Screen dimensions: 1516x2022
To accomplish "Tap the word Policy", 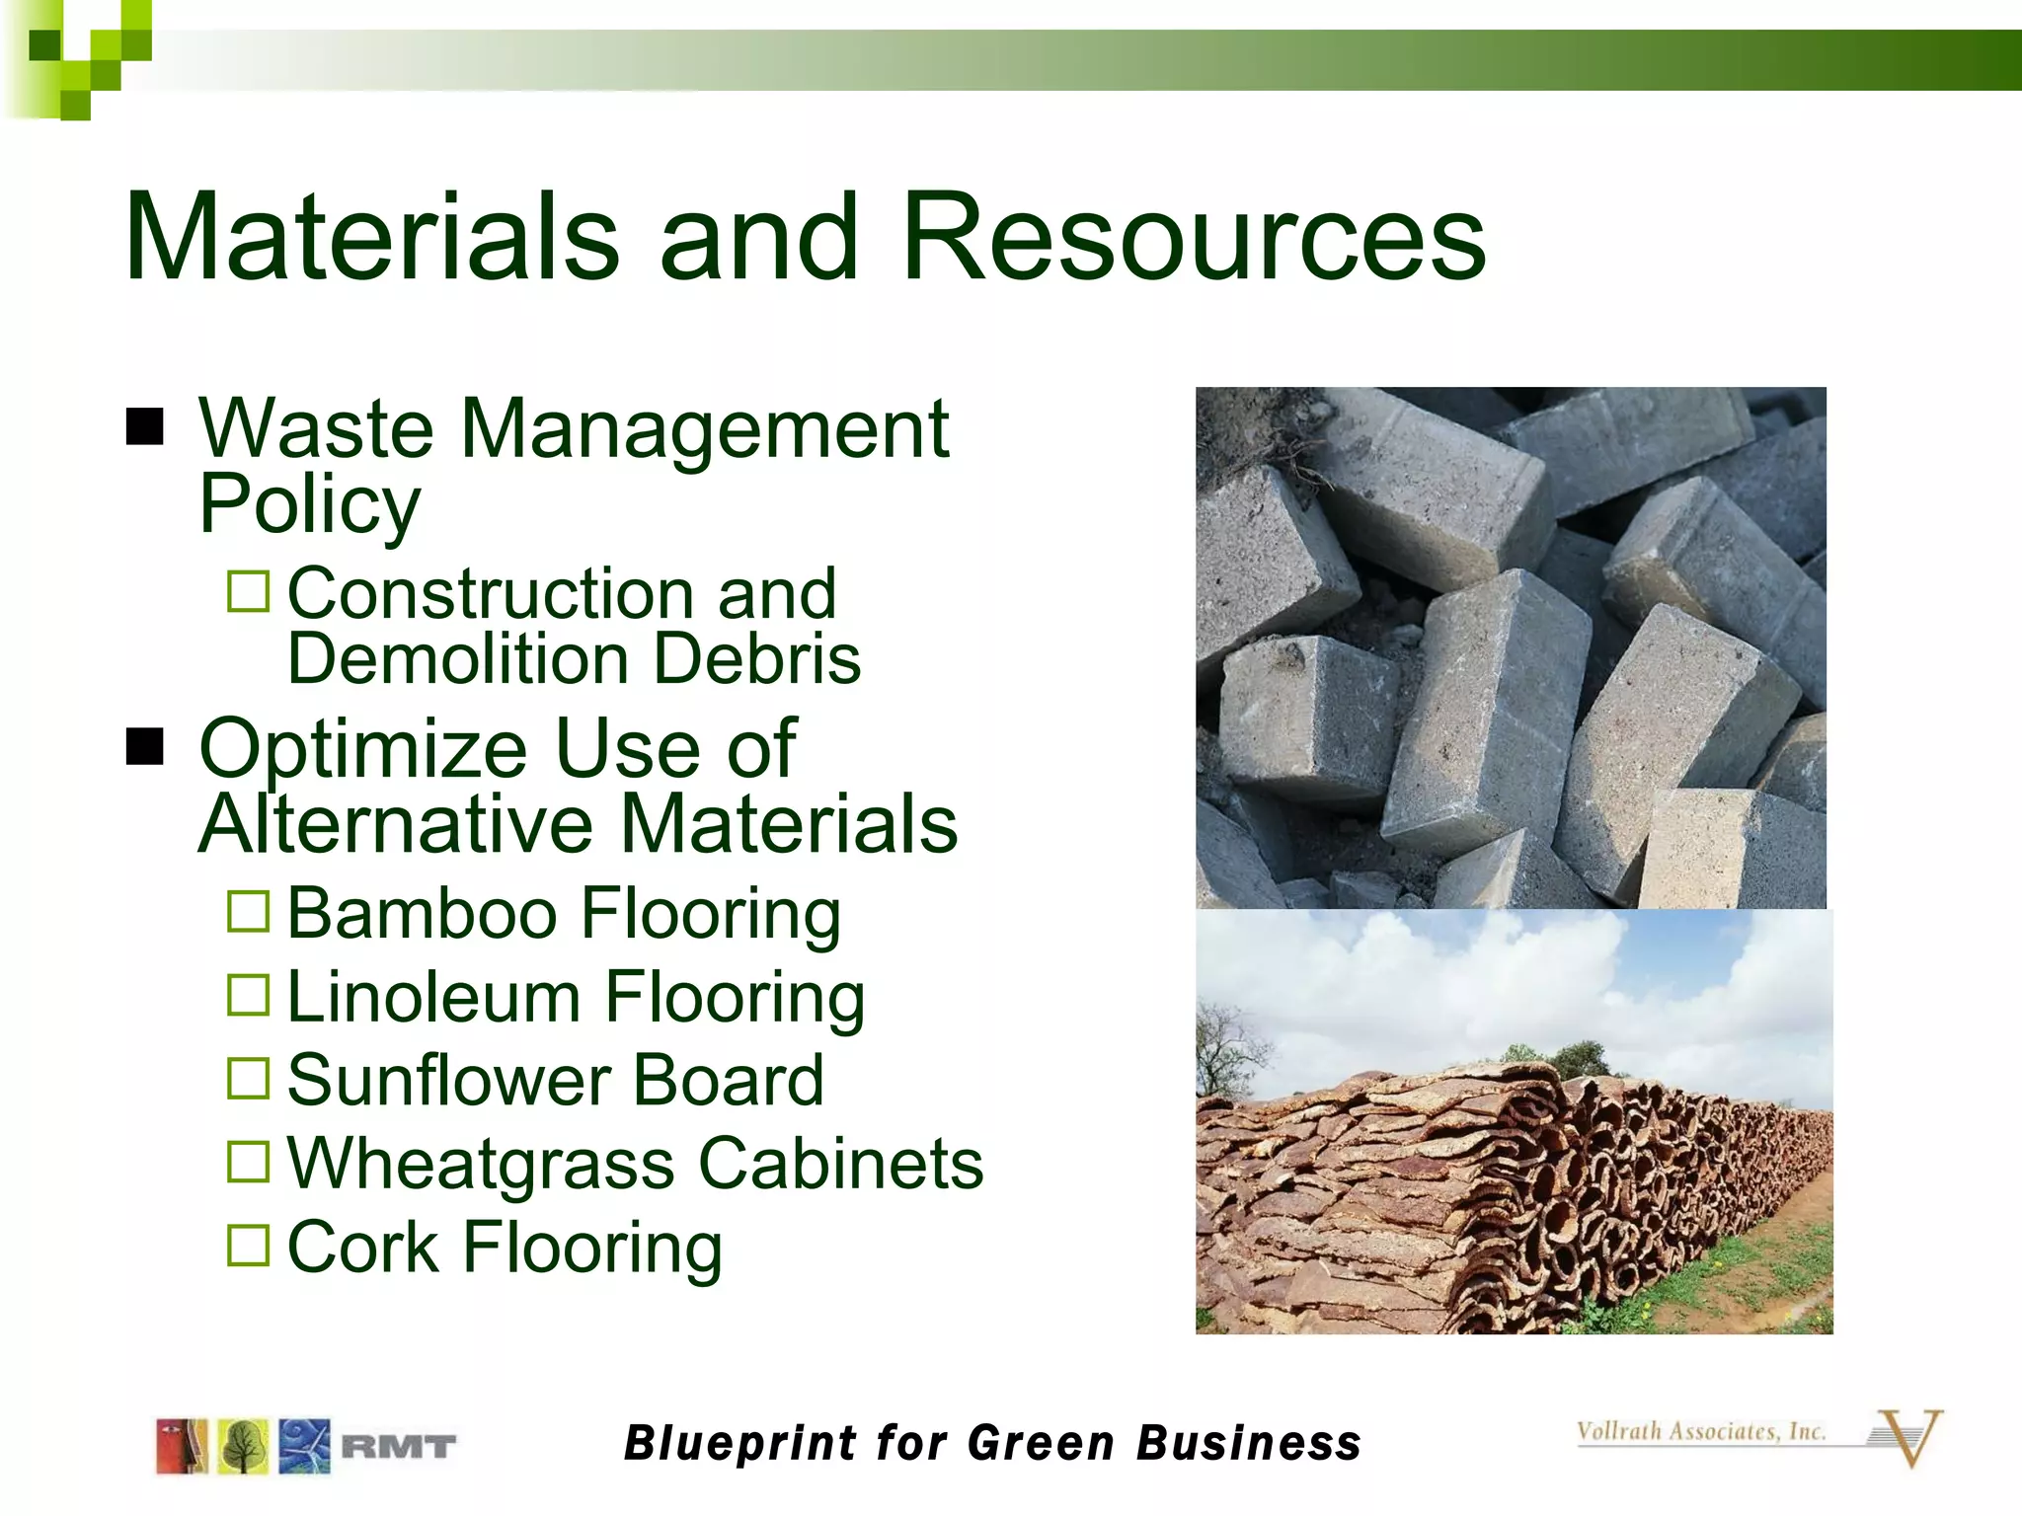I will (309, 505).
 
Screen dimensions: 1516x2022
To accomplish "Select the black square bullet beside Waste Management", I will (145, 427).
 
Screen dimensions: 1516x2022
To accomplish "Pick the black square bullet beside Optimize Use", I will (145, 747).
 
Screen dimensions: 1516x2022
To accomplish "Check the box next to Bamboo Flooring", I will (248, 912).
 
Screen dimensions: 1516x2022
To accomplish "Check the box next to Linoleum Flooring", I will (248, 995).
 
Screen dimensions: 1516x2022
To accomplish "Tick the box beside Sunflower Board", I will (248, 1079).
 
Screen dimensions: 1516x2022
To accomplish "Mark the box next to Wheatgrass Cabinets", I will (248, 1162).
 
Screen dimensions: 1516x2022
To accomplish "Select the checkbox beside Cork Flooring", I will (248, 1246).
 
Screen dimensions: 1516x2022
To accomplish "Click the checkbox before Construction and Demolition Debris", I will (248, 592).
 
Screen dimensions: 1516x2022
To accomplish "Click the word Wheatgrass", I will (481, 1165).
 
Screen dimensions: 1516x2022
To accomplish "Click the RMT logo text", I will (398, 1448).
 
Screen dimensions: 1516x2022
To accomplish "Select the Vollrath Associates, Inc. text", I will (1700, 1431).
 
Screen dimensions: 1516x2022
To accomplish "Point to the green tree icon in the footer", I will (243, 1447).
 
